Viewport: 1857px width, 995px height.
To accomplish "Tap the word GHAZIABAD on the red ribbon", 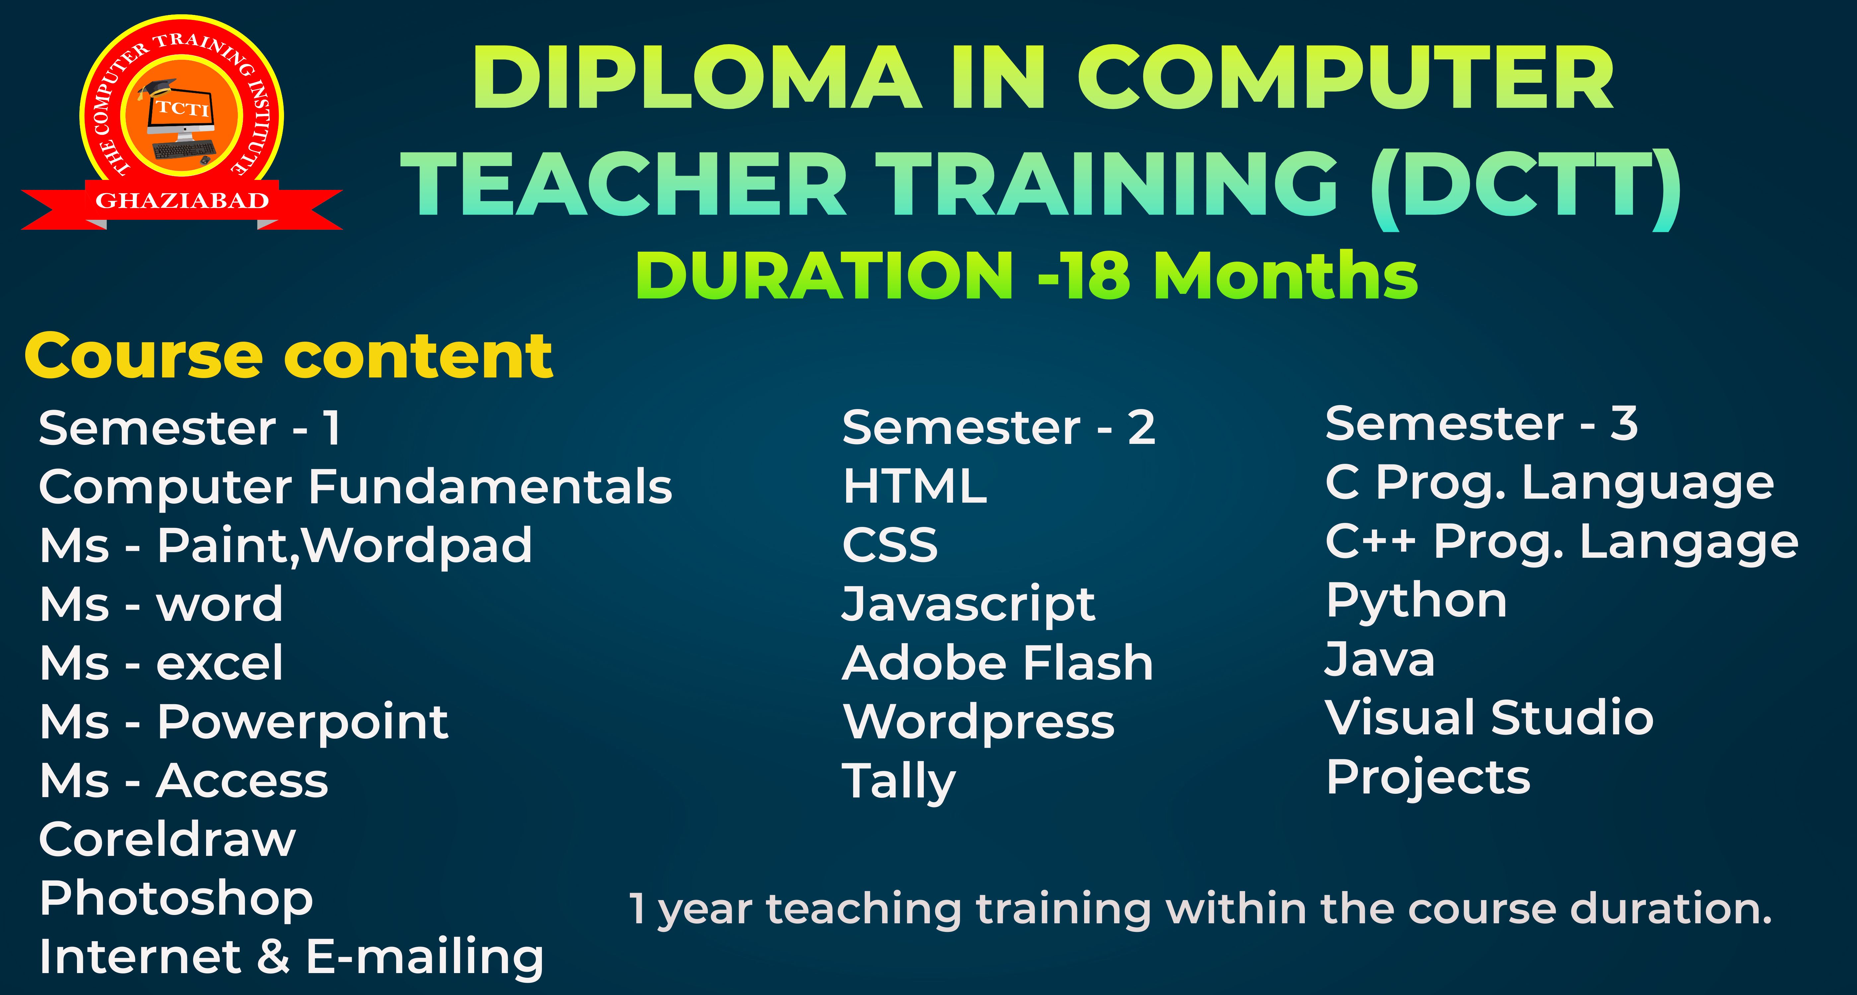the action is [183, 201].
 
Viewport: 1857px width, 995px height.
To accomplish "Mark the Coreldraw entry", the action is [167, 839].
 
